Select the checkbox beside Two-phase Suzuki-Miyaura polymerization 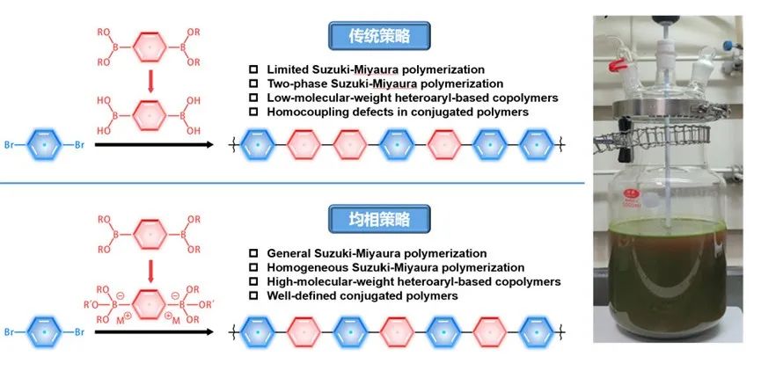coord(253,84)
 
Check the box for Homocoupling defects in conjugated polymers coord(253,112)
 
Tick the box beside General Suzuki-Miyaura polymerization coord(253,253)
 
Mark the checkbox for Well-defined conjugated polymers coord(253,295)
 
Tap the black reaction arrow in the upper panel coord(153,142)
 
